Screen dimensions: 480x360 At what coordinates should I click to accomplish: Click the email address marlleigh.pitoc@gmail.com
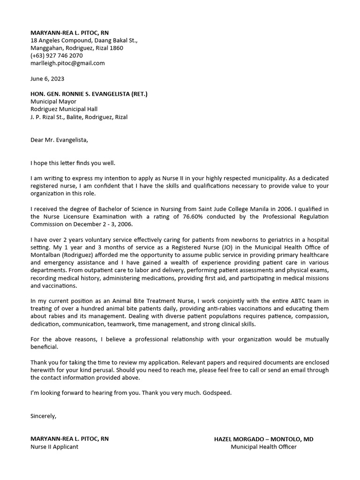pos(67,63)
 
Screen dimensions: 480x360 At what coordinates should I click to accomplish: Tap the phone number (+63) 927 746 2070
pos(56,55)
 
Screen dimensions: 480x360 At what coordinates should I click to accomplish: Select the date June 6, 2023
pos(47,78)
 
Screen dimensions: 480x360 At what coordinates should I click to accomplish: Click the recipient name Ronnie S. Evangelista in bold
pos(89,94)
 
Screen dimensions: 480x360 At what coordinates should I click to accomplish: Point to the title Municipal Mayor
pos(53,101)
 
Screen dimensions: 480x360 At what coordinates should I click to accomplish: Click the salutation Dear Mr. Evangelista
pos(59,140)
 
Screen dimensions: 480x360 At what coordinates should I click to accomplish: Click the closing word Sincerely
pos(43,416)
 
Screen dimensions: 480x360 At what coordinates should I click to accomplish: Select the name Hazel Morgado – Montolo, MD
pos(263,439)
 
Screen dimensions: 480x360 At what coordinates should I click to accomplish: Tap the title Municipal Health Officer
pos(263,447)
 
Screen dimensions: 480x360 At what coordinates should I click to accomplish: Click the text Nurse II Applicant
pos(54,447)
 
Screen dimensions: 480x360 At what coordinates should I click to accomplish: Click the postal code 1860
pos(116,48)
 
